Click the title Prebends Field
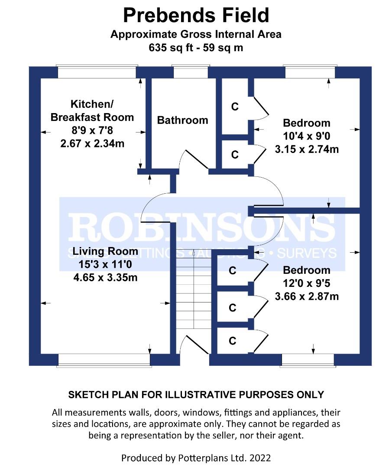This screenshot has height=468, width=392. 196,15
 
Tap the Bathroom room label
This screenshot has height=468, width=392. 182,120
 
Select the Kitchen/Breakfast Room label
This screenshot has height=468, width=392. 92,110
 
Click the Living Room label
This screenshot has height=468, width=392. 105,251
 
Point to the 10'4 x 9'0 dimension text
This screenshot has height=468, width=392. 306,136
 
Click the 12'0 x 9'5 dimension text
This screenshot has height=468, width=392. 306,284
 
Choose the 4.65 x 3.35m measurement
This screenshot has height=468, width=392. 105,277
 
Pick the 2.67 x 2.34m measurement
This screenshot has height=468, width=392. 92,143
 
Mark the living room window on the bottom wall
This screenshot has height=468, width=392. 104,360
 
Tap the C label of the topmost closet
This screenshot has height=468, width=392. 235,107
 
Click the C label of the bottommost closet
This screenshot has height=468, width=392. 233,341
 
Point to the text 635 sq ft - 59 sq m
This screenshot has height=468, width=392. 196,48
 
